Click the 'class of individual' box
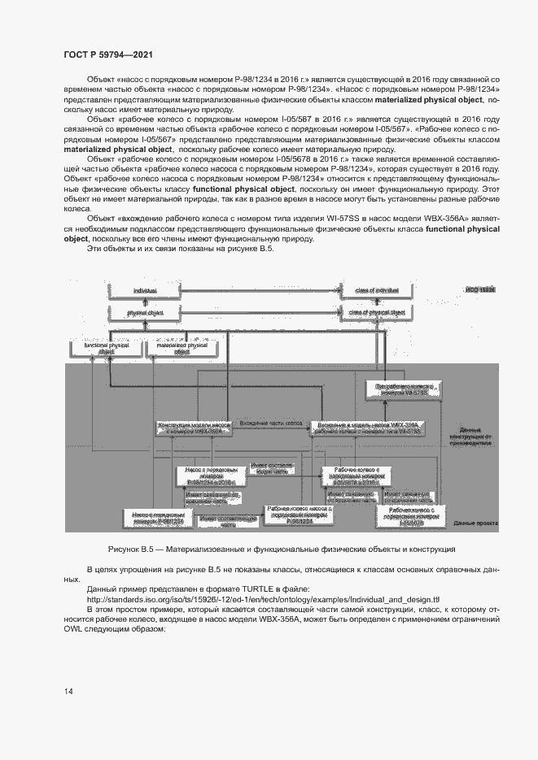[376, 290]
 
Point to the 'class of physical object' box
[376, 312]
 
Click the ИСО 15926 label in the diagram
[481, 289]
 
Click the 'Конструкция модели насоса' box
[190, 429]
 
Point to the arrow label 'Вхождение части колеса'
[269, 423]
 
